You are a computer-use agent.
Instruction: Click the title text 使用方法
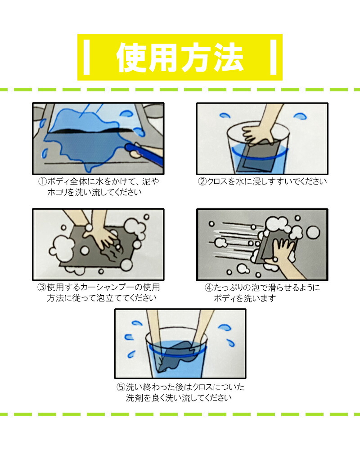click(180, 58)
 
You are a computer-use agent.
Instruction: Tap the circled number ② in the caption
click(203, 182)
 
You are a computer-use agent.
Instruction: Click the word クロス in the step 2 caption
click(219, 182)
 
